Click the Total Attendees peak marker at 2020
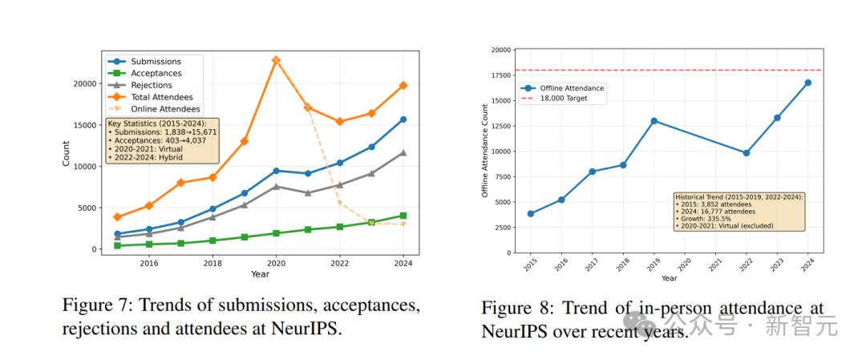pos(276,60)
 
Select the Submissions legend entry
pos(156,62)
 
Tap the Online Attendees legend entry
pos(165,109)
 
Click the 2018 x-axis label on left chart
pos(212,263)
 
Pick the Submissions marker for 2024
pos(403,119)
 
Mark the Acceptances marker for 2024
pos(403,216)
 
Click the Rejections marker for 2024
pos(403,152)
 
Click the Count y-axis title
pos(67,154)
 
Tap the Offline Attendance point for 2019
pos(654,121)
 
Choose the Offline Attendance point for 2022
pos(746,152)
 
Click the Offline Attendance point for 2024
pos(807,83)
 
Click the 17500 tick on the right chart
pos(500,75)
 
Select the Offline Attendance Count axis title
pos(484,151)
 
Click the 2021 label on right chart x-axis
pos(715,263)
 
